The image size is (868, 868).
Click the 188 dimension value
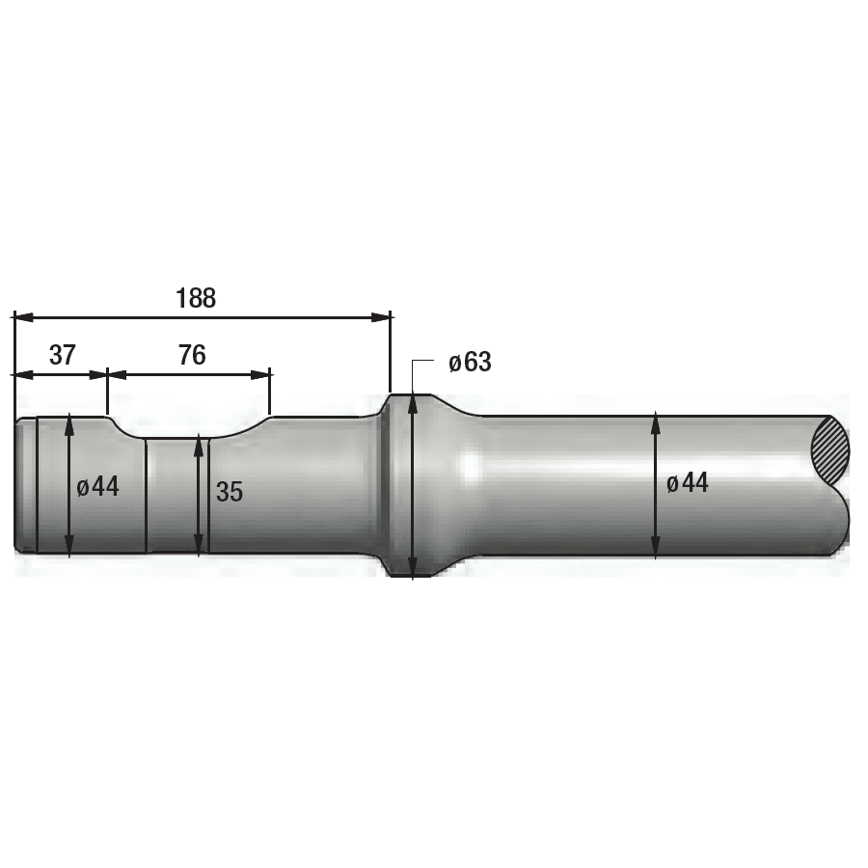[196, 298]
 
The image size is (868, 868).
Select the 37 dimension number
[63, 355]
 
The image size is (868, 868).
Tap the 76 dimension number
[192, 355]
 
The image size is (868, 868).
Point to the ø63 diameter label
[470, 363]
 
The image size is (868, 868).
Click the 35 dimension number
[230, 491]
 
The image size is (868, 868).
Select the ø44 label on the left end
[98, 486]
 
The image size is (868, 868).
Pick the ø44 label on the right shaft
[687, 483]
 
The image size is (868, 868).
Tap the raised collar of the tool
[400, 485]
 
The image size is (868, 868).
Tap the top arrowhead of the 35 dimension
[200, 442]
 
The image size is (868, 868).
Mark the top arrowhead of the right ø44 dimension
[656, 420]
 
